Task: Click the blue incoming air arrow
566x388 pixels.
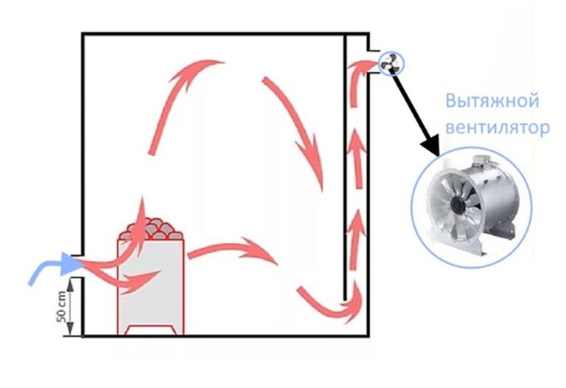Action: (x=51, y=267)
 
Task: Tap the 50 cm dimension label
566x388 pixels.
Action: (x=61, y=306)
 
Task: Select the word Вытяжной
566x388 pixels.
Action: (x=492, y=101)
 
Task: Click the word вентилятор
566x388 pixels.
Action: (x=497, y=128)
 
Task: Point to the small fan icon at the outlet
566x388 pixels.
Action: (x=391, y=64)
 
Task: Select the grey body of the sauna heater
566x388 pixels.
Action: (x=150, y=286)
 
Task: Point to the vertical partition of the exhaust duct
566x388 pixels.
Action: (x=345, y=167)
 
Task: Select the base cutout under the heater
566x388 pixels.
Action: (x=151, y=330)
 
